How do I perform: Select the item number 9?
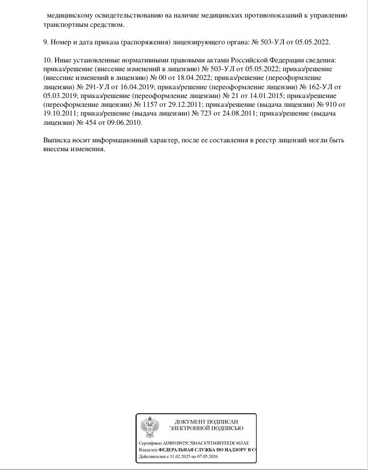pyautogui.click(x=45, y=42)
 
